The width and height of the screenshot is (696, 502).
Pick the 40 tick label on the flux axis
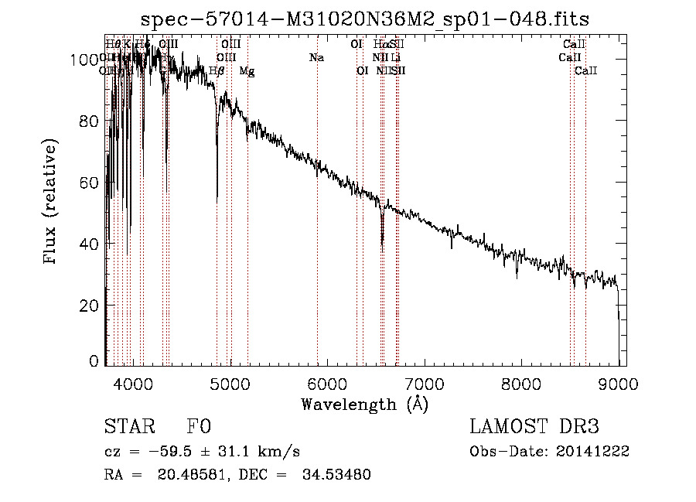[91, 244]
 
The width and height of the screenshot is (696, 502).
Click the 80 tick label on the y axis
[91, 121]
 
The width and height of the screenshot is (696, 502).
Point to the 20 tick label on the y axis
[91, 306]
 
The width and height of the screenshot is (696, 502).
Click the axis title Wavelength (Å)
[364, 404]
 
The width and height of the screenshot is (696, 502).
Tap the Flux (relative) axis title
[52, 203]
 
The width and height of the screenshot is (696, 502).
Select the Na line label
[316, 57]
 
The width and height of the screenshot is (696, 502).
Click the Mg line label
[247, 71]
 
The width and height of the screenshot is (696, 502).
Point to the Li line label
[396, 57]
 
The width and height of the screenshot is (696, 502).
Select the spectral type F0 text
[199, 427]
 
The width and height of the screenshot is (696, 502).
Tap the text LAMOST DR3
[534, 427]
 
